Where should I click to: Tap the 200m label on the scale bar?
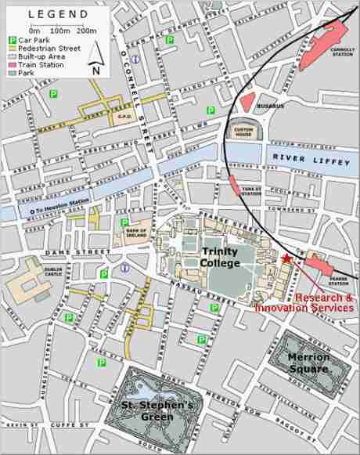(x=87, y=31)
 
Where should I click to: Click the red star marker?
(x=286, y=258)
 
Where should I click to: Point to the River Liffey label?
(x=306, y=159)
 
